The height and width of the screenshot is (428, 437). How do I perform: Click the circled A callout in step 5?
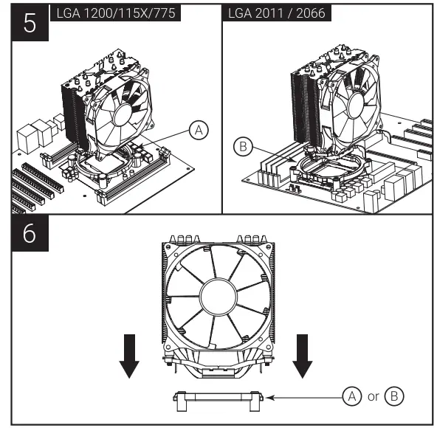[x=198, y=131]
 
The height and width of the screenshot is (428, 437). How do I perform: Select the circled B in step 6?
[x=396, y=396]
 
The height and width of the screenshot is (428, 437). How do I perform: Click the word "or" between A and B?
[x=374, y=397]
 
